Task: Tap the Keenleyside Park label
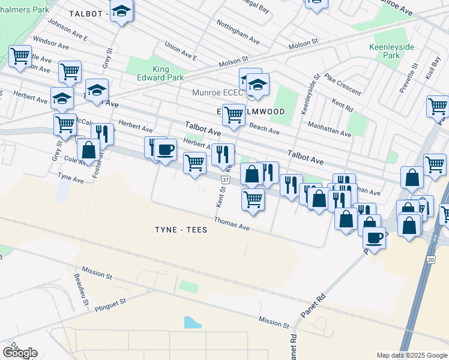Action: [x=384, y=50]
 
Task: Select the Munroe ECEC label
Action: [x=217, y=93]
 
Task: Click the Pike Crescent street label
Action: [x=342, y=84]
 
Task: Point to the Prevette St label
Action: [x=408, y=76]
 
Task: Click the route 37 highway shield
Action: [x=224, y=179]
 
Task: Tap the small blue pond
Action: [x=193, y=322]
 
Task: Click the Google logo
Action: [x=20, y=352]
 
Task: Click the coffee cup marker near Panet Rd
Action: [x=374, y=238]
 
